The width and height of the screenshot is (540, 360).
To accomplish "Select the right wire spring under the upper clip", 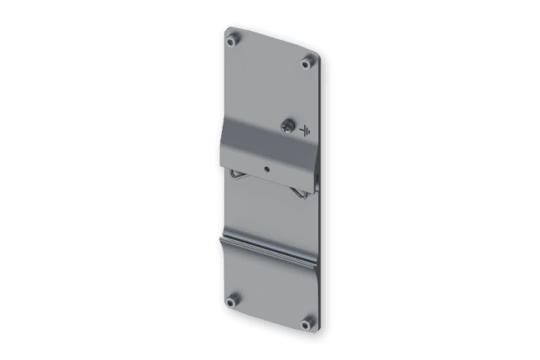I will pyautogui.click(x=296, y=192).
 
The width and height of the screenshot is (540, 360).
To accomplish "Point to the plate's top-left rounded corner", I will pyautogui.click(x=229, y=30).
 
